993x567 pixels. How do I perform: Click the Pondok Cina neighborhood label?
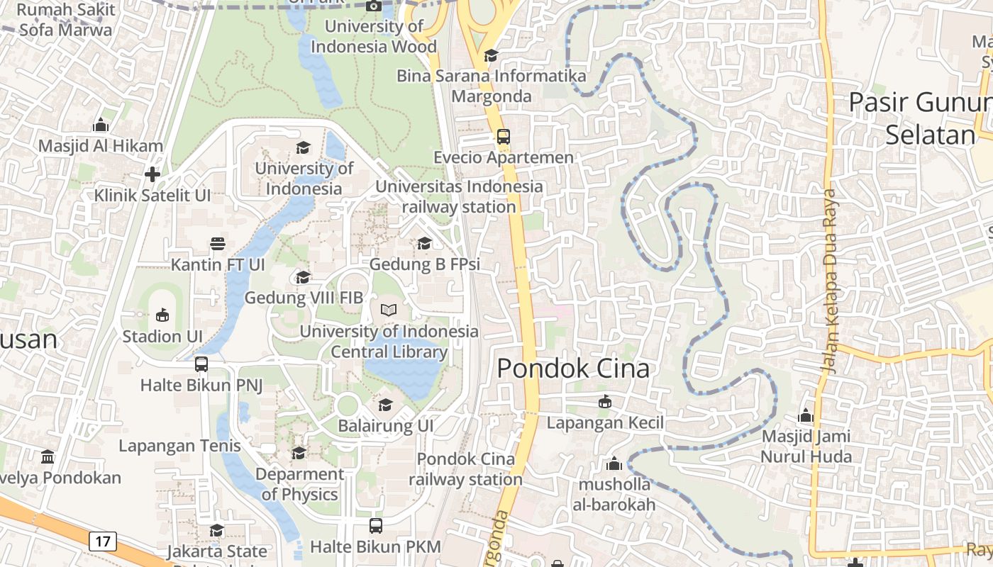(x=573, y=369)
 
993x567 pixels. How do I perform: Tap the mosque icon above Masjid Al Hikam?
(x=101, y=125)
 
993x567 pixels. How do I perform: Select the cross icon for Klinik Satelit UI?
(x=152, y=174)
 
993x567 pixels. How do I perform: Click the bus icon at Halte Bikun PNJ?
(x=201, y=364)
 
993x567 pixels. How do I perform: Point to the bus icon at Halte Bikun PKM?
(x=376, y=526)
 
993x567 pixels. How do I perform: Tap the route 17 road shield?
(x=103, y=541)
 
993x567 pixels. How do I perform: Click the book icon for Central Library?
(x=389, y=310)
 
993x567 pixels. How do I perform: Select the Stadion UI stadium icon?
(x=162, y=315)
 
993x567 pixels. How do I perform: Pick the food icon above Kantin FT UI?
(x=218, y=244)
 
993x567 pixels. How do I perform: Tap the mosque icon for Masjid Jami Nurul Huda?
(x=806, y=415)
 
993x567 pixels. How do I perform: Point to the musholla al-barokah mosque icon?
(x=614, y=464)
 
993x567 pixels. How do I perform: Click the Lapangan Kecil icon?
(x=605, y=402)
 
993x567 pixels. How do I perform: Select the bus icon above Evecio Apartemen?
(x=503, y=136)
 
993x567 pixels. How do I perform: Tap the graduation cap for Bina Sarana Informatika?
(x=491, y=55)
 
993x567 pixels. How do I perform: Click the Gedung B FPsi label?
(x=425, y=264)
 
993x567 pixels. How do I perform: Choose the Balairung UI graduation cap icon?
(x=385, y=405)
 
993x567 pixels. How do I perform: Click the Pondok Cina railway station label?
(x=465, y=469)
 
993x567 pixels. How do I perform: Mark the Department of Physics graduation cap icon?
(x=299, y=453)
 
